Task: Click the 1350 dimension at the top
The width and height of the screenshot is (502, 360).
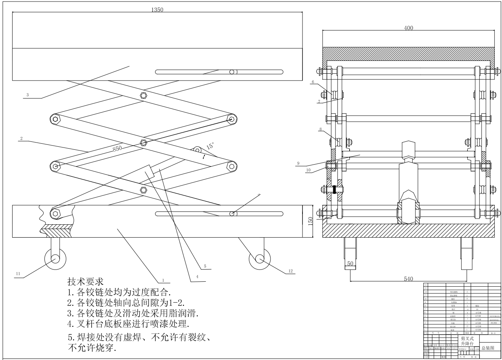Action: (157, 10)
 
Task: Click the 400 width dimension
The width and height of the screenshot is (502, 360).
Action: (409, 28)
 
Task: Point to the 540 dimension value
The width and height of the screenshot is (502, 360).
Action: (408, 279)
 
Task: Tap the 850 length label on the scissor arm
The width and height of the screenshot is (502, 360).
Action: (117, 148)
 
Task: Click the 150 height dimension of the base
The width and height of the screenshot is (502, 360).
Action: (310, 220)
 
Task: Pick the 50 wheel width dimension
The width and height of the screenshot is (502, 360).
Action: (350, 263)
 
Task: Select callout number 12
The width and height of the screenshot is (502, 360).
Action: (291, 271)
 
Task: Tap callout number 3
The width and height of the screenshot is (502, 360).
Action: (27, 95)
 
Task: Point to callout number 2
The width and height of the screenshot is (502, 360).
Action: (21, 139)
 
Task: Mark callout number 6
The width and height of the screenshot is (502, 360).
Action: (313, 82)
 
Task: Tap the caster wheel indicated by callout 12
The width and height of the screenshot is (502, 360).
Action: (260, 259)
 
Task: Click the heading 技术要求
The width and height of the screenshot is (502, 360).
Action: (86, 282)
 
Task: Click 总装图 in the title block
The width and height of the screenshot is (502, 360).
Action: (488, 348)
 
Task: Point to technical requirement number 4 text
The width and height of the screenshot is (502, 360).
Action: (127, 324)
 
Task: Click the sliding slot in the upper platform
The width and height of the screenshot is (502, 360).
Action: (219, 72)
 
